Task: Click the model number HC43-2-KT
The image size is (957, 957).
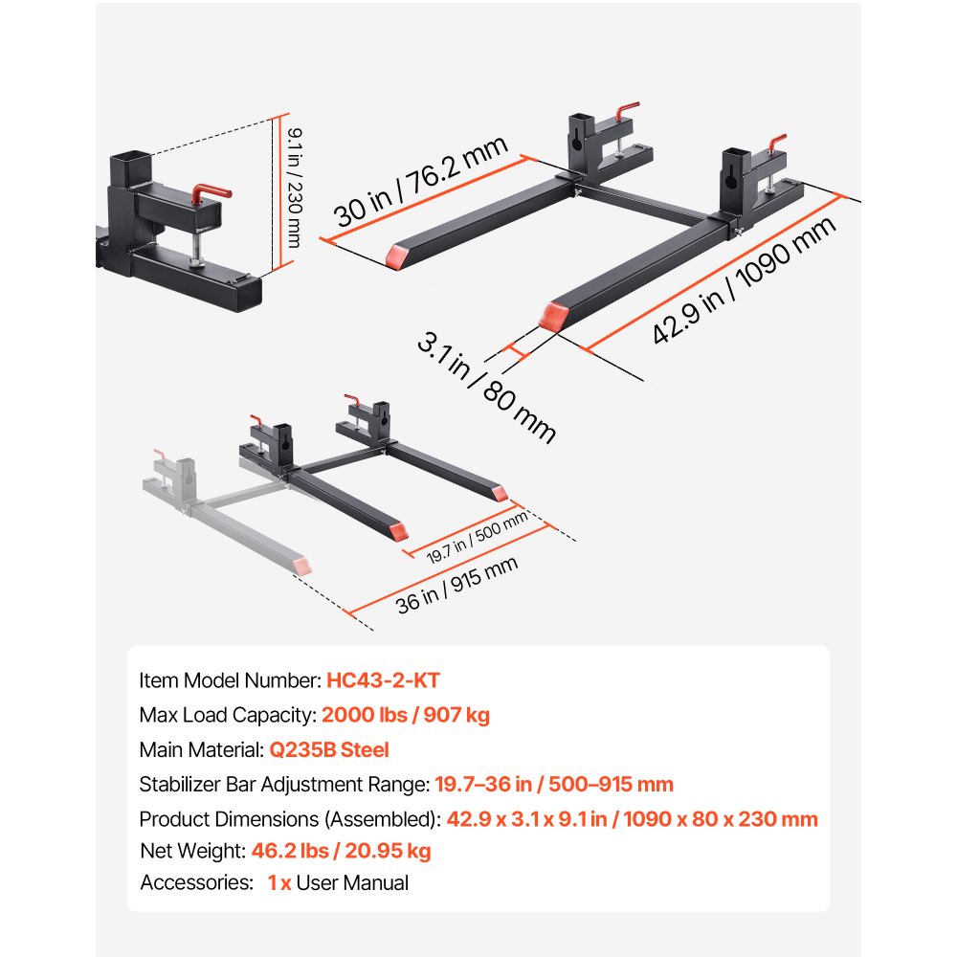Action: (383, 680)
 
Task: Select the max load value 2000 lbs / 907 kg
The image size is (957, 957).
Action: (406, 715)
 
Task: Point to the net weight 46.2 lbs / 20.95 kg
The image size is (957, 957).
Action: (342, 850)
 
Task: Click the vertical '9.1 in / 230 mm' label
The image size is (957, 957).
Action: (289, 182)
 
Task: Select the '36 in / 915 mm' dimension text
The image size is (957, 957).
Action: (457, 585)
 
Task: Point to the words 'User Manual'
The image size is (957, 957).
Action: (352, 883)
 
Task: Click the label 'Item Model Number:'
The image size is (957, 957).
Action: (230, 680)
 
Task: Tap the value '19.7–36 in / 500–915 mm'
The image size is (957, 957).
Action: (554, 785)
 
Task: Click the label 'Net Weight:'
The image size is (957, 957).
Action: (193, 850)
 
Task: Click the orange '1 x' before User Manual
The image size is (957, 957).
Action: (279, 883)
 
